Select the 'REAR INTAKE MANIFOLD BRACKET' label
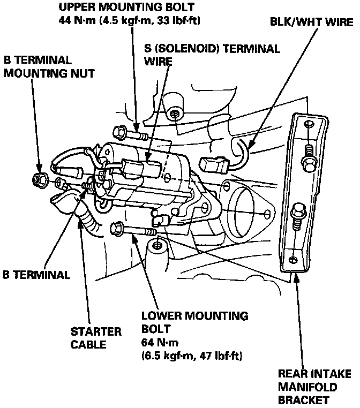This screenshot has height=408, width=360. point(314,387)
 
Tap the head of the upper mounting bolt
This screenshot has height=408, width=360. point(118,131)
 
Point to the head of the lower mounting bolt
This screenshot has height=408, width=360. point(115,229)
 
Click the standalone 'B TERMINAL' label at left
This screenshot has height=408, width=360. point(36,275)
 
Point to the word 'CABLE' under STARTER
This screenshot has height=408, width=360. point(88,344)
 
